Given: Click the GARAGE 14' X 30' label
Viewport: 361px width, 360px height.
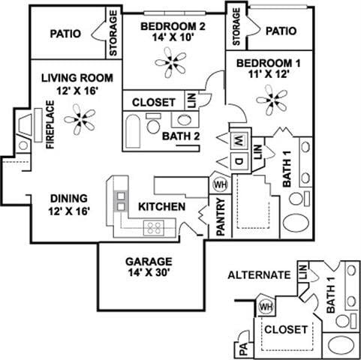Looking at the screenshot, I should point(149,268).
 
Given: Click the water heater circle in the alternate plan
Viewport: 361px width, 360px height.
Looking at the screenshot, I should point(265,306).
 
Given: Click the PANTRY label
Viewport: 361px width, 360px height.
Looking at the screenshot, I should point(221,218).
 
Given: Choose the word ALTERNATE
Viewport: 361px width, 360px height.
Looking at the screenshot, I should point(259,275).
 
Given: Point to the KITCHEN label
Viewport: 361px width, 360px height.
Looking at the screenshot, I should point(162,206).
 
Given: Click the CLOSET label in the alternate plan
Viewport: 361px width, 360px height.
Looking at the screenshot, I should point(287,330).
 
